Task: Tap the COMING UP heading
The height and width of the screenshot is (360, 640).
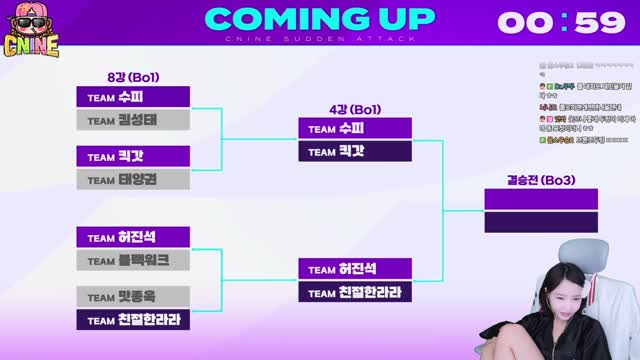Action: pyautogui.click(x=320, y=19)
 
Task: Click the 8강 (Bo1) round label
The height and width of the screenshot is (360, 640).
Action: pyautogui.click(x=133, y=77)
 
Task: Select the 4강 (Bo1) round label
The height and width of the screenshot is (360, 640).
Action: pyautogui.click(x=354, y=109)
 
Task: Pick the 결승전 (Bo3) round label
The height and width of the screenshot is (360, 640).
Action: pyautogui.click(x=541, y=180)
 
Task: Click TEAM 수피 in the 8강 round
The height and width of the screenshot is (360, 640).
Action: pyautogui.click(x=133, y=96)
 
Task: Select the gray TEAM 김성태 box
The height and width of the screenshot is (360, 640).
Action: pyautogui.click(x=133, y=120)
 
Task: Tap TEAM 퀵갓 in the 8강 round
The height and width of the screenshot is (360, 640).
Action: pyautogui.click(x=133, y=156)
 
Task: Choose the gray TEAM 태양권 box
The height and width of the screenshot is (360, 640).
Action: pyautogui.click(x=133, y=180)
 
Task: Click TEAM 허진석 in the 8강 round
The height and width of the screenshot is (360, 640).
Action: pyautogui.click(x=133, y=237)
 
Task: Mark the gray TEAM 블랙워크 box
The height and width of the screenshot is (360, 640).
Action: pyautogui.click(x=133, y=260)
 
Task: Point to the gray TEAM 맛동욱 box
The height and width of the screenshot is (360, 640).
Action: pyautogui.click(x=133, y=296)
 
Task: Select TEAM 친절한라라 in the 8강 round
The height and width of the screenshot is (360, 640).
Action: pyautogui.click(x=133, y=320)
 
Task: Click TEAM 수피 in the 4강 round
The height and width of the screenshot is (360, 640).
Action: pyautogui.click(x=354, y=128)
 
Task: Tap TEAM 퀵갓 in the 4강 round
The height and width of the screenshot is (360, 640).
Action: pyautogui.click(x=354, y=151)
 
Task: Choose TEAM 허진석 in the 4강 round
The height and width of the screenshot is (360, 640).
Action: pyautogui.click(x=354, y=268)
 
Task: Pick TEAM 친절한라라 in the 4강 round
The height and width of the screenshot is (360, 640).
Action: pyautogui.click(x=354, y=292)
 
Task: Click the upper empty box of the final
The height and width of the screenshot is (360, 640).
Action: pyautogui.click(x=541, y=198)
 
